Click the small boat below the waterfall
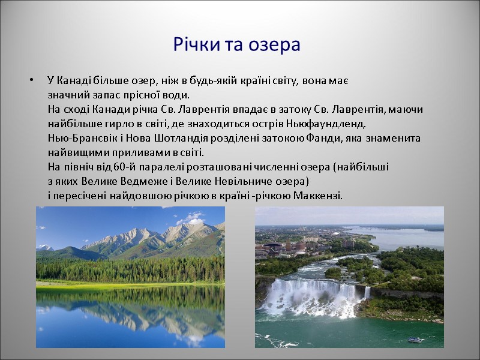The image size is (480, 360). (x=415, y=340)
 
